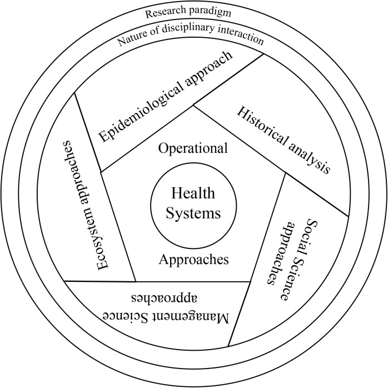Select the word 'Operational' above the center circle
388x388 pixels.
coord(193,148)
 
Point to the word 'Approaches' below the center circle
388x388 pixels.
coord(193,258)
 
